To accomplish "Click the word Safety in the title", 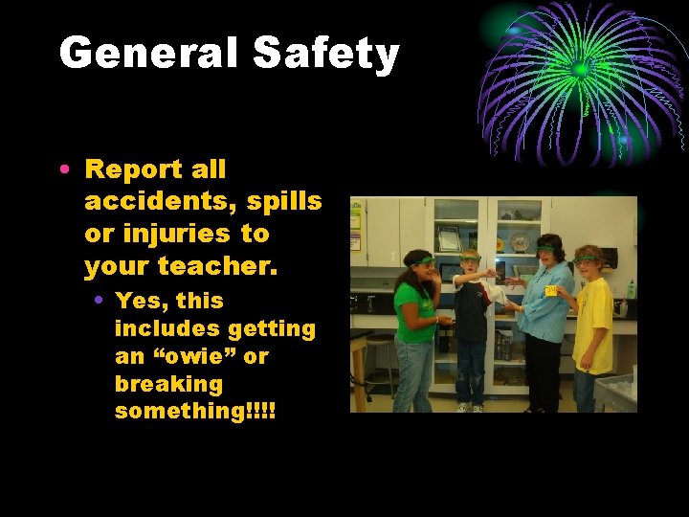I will (x=325, y=54).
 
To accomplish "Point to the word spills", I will (x=285, y=202).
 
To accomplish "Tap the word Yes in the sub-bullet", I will (x=135, y=301).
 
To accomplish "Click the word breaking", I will (x=168, y=384).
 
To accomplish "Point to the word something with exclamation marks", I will (x=194, y=411).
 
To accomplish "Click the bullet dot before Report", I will (x=63, y=170).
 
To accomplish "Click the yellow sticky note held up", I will (x=550, y=289).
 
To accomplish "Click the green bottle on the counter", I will (x=631, y=288).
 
